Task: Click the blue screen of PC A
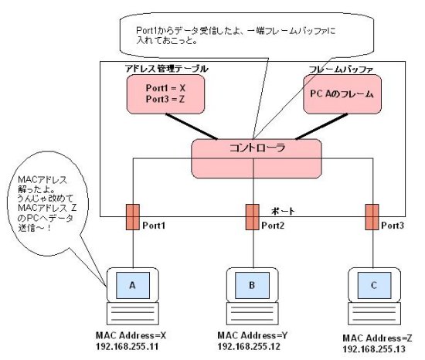(133, 285)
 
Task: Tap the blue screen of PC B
(253, 285)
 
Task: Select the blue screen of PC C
(374, 285)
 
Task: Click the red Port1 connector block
(133, 217)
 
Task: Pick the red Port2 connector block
(253, 217)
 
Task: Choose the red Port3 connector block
(372, 217)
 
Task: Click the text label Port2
(273, 226)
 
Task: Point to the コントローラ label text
(257, 148)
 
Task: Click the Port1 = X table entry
(165, 88)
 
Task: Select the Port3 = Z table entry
(165, 99)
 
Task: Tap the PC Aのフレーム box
(342, 94)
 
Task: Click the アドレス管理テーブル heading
(167, 69)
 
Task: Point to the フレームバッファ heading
(341, 70)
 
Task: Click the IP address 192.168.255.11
(127, 346)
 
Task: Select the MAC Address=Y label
(253, 335)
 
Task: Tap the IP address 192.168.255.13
(374, 349)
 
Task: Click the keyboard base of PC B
(253, 314)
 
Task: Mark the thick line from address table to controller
(192, 127)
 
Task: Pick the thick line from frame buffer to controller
(321, 127)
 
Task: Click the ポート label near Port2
(283, 211)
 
